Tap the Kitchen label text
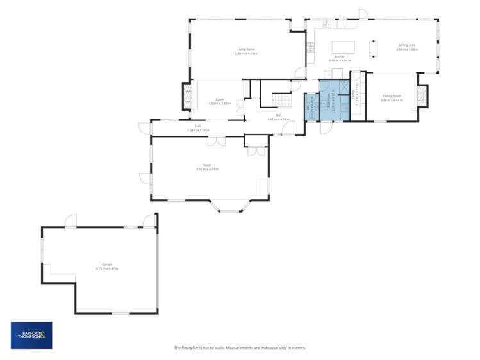pos(340,56)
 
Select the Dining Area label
pos(406,45)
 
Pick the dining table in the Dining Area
pos(374,49)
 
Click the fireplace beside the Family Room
pos(422,97)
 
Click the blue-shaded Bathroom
pos(333,97)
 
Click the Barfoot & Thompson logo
pos(31,335)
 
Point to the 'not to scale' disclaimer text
pos(240,348)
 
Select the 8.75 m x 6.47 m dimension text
pos(106,268)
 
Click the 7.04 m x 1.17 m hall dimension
pos(198,130)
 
